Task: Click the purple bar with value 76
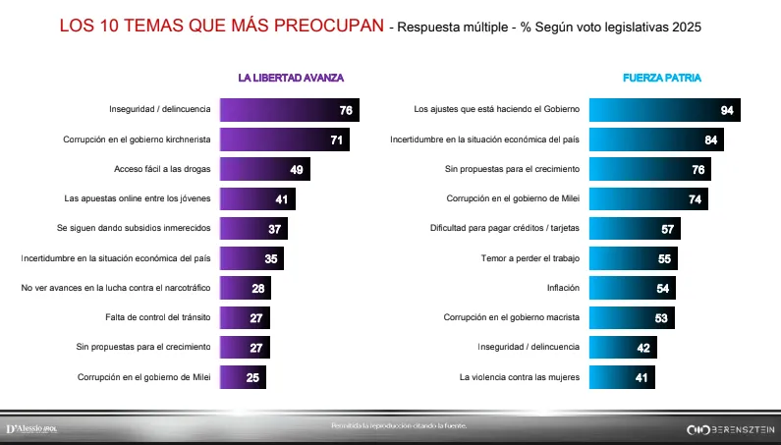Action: tap(290, 110)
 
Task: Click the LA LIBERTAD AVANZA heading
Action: tap(291, 77)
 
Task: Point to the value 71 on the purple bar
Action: tap(336, 140)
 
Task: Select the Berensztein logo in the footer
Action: tap(729, 429)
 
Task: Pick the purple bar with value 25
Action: tap(243, 377)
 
